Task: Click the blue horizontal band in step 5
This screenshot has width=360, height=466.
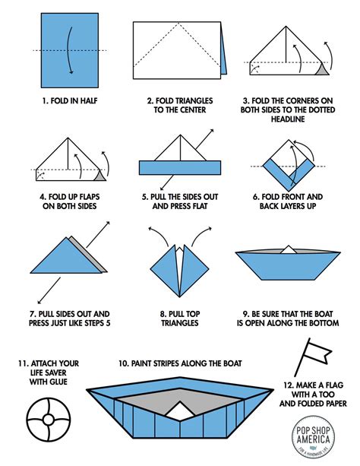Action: pos(179,168)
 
